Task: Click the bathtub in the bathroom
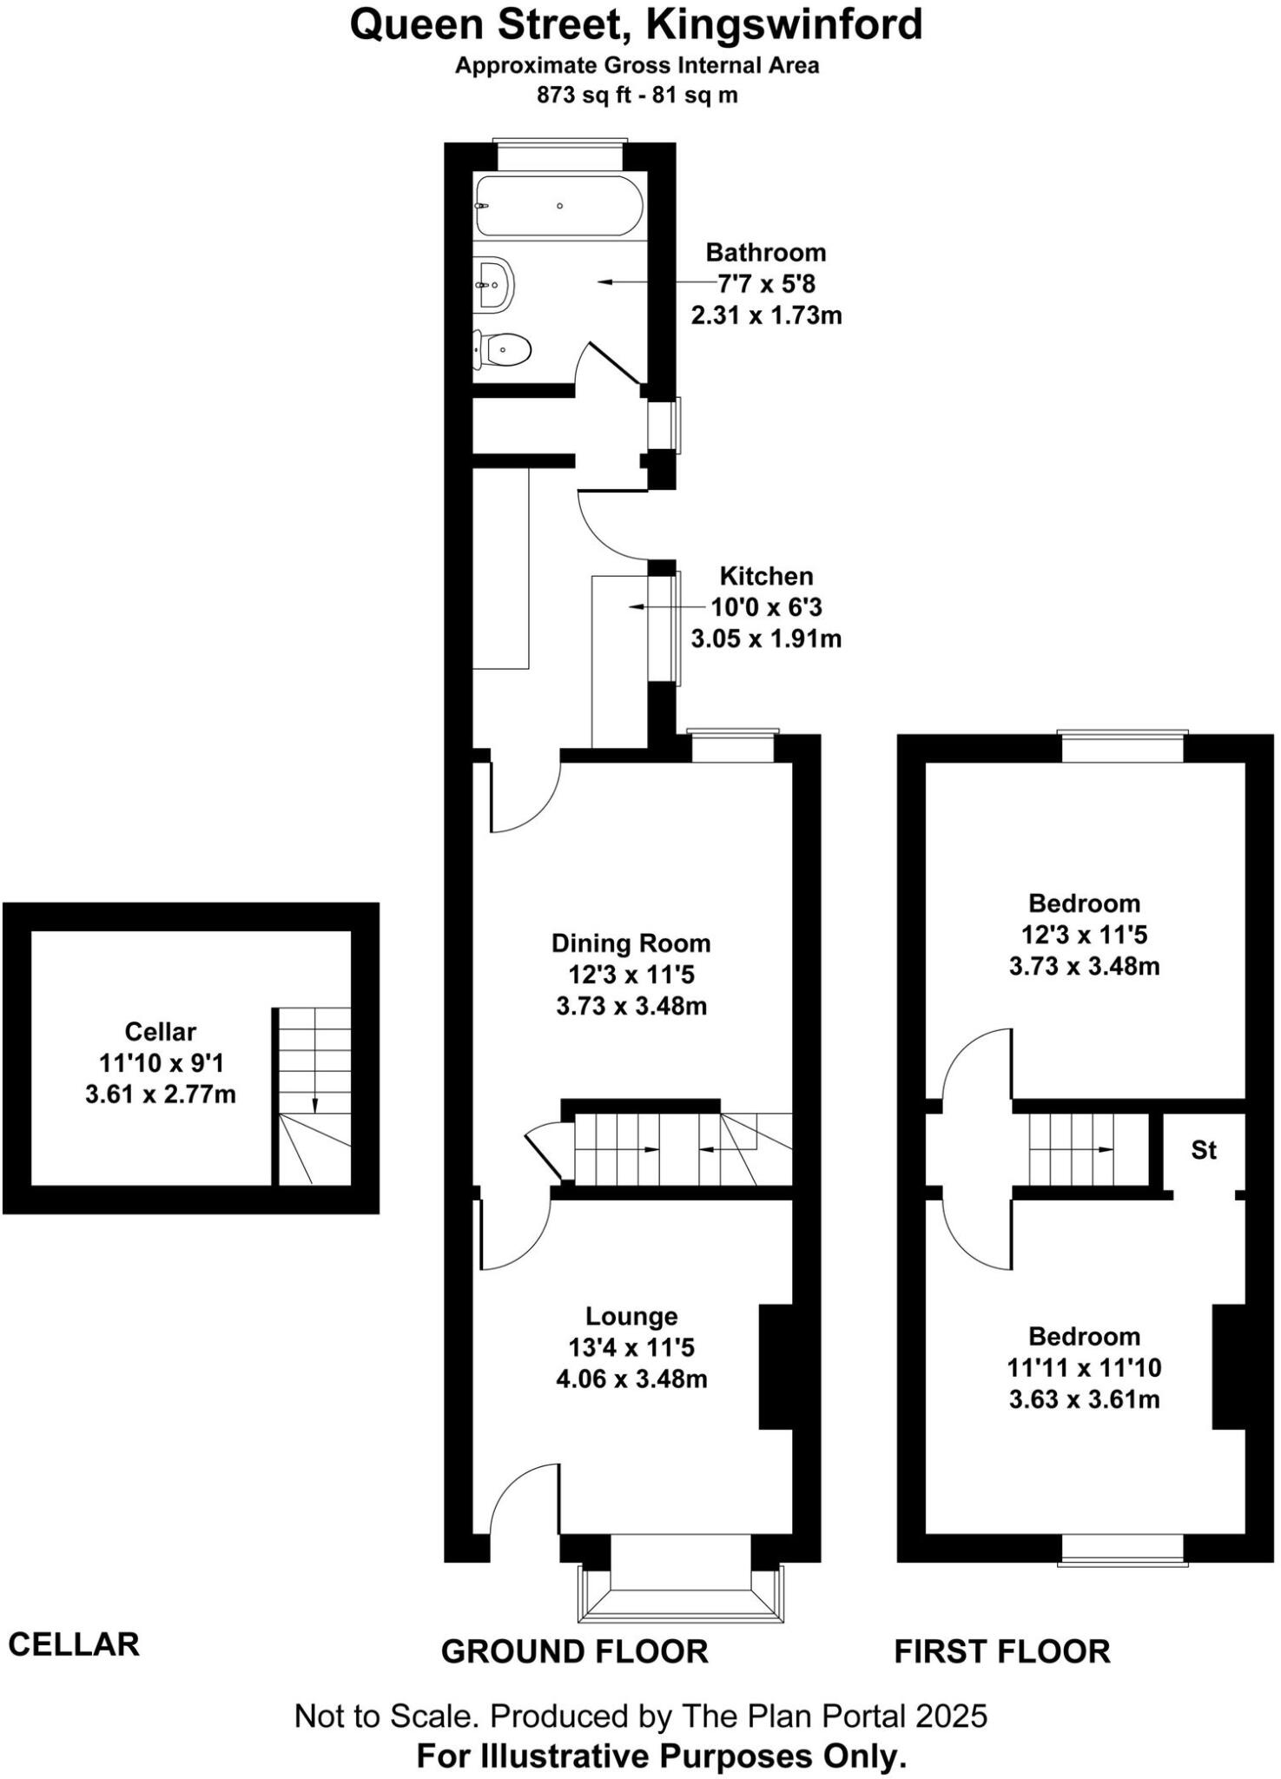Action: click(559, 206)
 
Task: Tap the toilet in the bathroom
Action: click(504, 350)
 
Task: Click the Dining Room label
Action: click(631, 943)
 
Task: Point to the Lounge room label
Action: click(631, 1317)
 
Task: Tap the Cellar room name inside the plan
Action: click(160, 1032)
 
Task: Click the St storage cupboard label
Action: click(1204, 1150)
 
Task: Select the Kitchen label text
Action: click(766, 576)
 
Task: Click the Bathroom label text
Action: click(765, 253)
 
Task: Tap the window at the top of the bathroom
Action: click(560, 155)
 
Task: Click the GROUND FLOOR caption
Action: click(574, 1651)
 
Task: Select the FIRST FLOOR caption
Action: click(1002, 1651)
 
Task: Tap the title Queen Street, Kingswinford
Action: click(636, 24)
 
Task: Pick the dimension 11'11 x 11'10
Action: click(1084, 1368)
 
